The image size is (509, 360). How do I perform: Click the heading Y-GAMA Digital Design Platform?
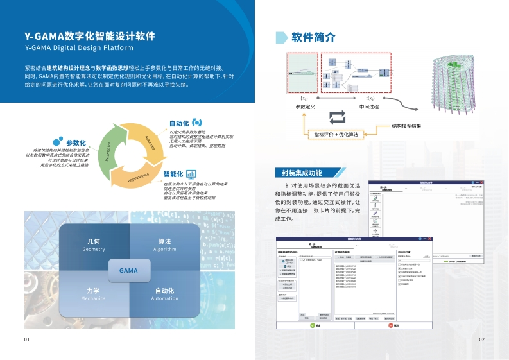(x=78, y=48)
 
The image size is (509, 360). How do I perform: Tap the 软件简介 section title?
(x=313, y=37)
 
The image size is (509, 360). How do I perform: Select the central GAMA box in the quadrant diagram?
(x=128, y=270)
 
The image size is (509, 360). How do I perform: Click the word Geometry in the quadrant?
(x=93, y=250)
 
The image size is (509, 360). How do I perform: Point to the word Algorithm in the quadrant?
(x=164, y=250)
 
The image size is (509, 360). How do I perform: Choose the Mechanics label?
(x=93, y=298)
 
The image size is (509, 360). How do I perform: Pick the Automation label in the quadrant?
(x=164, y=298)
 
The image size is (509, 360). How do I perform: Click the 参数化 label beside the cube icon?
(x=76, y=142)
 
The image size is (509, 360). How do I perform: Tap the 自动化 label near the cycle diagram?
(x=178, y=123)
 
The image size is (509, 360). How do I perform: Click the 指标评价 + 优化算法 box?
(x=336, y=134)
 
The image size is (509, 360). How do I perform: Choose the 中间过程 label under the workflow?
(x=370, y=107)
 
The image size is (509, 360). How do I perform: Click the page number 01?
(x=27, y=339)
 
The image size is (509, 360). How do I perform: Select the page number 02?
(x=481, y=339)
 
